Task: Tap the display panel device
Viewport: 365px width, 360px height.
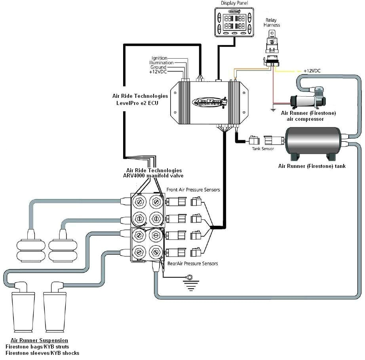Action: tap(236, 23)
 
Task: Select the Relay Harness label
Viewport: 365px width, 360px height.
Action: tap(272, 23)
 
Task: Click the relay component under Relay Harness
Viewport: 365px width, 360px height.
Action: tap(272, 46)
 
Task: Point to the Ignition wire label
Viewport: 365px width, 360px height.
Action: tap(160, 58)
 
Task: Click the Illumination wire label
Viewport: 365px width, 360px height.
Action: tap(161, 63)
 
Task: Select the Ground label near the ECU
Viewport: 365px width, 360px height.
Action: tap(158, 67)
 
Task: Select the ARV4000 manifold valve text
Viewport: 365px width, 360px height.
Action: tap(153, 175)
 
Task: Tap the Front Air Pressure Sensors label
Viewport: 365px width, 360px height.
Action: tap(193, 190)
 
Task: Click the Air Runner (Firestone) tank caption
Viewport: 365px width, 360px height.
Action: tap(312, 166)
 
